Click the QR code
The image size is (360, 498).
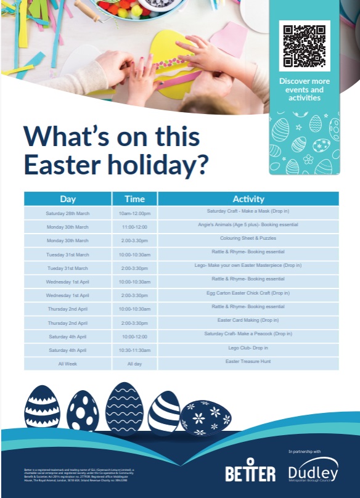pyautogui.click(x=304, y=46)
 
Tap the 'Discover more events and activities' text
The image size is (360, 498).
pyautogui.click(x=304, y=89)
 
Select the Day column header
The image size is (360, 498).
pyautogui.click(x=68, y=199)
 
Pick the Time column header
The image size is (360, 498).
pyautogui.click(x=134, y=199)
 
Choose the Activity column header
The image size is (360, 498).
pyautogui.click(x=248, y=199)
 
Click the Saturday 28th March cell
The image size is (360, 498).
pyautogui.click(x=68, y=213)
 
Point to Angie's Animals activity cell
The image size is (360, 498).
pyautogui.click(x=248, y=225)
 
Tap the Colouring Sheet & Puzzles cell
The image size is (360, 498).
pyautogui.click(x=248, y=239)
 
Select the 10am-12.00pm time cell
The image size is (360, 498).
pyautogui.click(x=134, y=213)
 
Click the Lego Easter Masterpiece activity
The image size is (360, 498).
pyautogui.click(x=248, y=266)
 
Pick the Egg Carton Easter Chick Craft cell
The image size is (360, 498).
pyautogui.click(x=248, y=293)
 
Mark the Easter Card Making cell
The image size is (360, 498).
pyautogui.click(x=248, y=320)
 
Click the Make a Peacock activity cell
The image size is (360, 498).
pyautogui.click(x=248, y=333)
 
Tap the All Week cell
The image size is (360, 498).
pyautogui.click(x=68, y=364)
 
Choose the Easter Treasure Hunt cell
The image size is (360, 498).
pyautogui.click(x=248, y=362)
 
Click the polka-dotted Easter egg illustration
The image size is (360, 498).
pyautogui.click(x=83, y=410)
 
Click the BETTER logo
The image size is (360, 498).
pyautogui.click(x=250, y=471)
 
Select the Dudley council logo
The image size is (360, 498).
pyautogui.click(x=313, y=470)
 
